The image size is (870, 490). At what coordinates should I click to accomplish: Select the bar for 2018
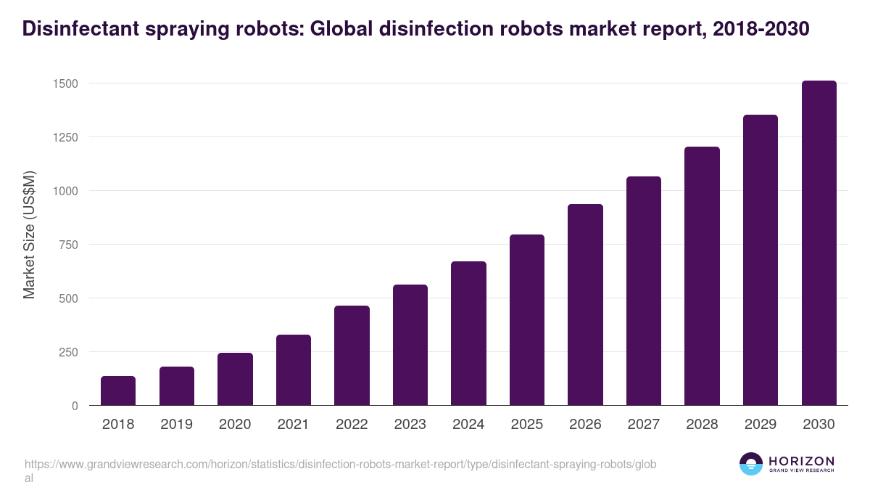pos(118,391)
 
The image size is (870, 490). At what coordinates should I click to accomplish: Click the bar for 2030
pos(819,243)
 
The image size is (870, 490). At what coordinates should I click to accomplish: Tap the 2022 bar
pos(352,356)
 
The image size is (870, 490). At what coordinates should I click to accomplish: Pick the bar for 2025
pos(527,320)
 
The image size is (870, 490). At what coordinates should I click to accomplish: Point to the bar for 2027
pos(644,291)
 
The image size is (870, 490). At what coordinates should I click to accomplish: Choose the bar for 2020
pos(235,379)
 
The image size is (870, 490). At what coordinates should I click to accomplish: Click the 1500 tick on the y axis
pos(65,83)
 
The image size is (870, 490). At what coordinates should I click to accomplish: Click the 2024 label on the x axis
pos(468,425)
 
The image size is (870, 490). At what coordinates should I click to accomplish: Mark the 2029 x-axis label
pos(760,425)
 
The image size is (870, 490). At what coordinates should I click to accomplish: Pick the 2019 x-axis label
pos(176,425)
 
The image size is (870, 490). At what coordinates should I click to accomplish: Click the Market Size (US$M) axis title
pos(29,234)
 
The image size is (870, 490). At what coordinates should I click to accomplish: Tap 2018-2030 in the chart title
pos(761,29)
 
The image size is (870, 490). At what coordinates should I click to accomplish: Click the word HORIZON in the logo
pos(800,461)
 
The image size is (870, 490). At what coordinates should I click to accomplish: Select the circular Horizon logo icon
pos(751,464)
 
